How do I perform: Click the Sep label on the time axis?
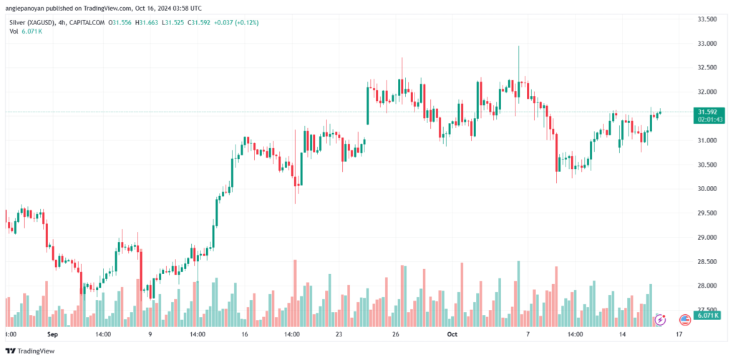(x=53, y=334)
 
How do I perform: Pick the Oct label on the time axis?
(x=452, y=334)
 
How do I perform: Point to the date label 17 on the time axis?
(x=679, y=334)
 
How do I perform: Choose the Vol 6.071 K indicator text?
(x=26, y=31)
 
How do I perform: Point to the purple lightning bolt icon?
(x=660, y=320)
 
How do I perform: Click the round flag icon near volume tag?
(x=685, y=320)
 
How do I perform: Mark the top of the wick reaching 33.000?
(x=518, y=46)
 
